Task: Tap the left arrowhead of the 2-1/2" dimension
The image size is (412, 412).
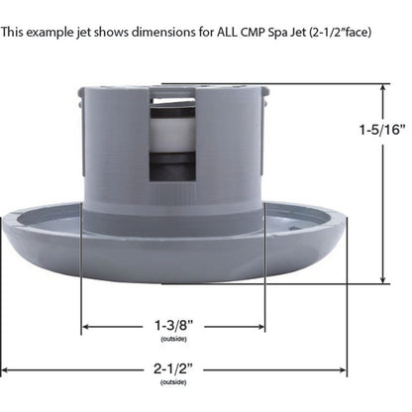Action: pos(5,370)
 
